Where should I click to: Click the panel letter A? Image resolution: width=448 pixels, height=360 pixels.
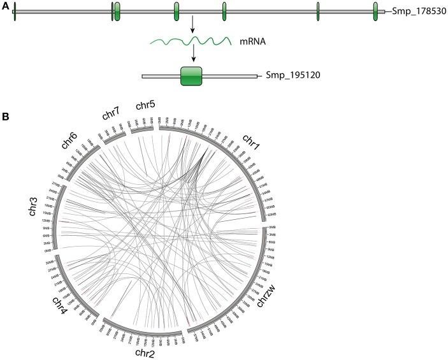click(5, 4)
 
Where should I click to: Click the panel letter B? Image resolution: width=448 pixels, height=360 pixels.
click(5, 117)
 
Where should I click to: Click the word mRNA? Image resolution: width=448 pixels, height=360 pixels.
click(249, 43)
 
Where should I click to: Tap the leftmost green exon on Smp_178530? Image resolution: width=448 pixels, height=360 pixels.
click(15, 11)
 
